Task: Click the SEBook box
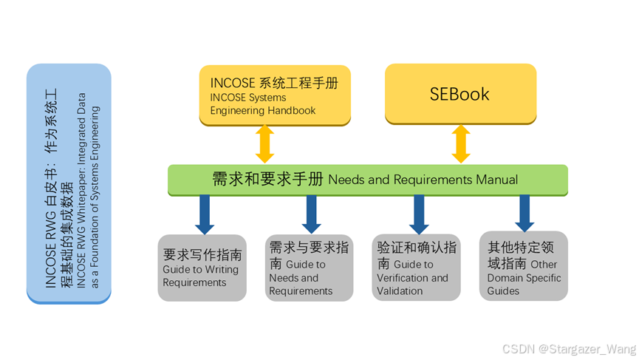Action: click(460, 94)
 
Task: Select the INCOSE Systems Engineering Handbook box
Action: click(275, 95)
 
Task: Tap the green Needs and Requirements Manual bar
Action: click(367, 180)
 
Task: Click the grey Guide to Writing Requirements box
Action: click(202, 268)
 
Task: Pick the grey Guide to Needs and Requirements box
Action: click(309, 268)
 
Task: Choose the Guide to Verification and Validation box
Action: click(416, 268)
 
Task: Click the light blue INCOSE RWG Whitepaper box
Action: click(69, 183)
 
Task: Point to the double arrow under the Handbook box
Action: click(264, 144)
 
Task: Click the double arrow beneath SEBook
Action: click(461, 144)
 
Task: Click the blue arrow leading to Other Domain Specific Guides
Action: click(524, 214)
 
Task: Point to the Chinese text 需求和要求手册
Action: click(267, 179)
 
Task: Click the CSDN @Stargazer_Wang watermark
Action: click(569, 348)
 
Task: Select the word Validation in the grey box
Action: click(400, 291)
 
